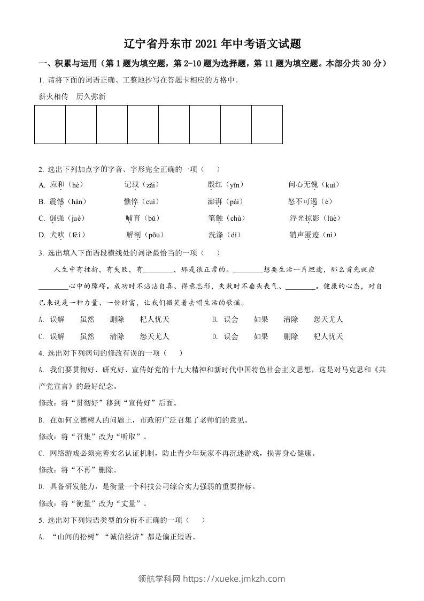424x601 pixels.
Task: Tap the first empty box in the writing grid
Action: [x=50, y=124]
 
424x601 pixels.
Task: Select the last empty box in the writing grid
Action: [x=267, y=124]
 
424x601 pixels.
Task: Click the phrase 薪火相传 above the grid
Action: [x=53, y=97]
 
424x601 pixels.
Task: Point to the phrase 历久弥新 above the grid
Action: [x=91, y=97]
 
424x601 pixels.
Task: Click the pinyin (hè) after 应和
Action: [x=75, y=185]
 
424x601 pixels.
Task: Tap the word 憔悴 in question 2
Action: [x=131, y=201]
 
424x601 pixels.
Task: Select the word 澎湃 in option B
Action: [x=215, y=201]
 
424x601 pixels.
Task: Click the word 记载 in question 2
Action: [x=132, y=185]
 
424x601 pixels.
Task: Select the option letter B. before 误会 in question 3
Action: [x=214, y=319]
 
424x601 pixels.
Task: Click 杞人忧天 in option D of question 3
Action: [x=328, y=336]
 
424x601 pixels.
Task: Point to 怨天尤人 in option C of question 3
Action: [x=155, y=336]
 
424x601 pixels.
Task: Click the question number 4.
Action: [x=41, y=353]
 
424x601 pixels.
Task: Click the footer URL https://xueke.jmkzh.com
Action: [x=234, y=579]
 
